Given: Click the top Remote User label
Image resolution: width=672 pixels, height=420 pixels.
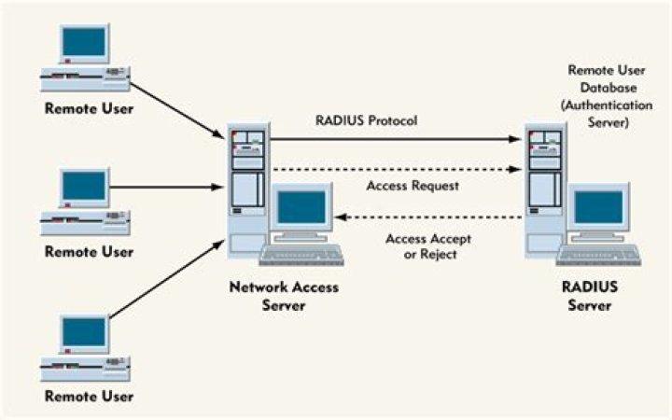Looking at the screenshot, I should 90,109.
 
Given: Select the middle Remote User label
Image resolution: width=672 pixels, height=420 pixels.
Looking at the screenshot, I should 90,252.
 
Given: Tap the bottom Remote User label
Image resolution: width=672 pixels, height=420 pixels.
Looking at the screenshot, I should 90,397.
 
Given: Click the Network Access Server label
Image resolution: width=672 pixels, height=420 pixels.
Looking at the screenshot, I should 284,296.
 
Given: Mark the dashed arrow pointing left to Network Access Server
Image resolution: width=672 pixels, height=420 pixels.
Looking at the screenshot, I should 429,217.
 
